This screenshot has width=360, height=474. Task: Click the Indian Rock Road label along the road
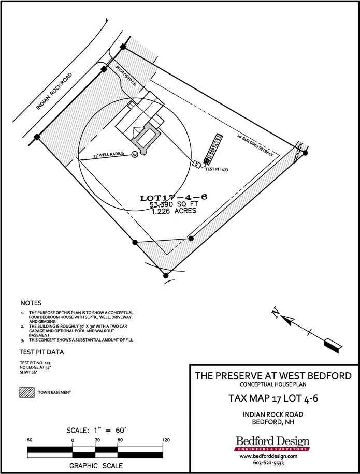54,92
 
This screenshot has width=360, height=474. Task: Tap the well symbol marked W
135,154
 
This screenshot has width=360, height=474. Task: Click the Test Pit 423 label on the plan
217,169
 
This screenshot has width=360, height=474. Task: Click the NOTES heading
31,303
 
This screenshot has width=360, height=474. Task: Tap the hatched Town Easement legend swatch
26,392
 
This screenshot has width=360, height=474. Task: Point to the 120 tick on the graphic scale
166,440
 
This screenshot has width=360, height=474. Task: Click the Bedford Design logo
272,443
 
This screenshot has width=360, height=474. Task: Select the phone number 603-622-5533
272,464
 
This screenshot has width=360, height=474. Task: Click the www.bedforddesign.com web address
272,457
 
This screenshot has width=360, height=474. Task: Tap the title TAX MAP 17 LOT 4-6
272,398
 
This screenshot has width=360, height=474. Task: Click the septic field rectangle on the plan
213,146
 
